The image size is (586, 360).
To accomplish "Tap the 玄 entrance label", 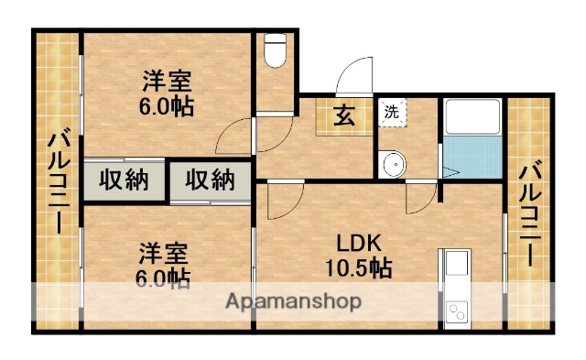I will pos(343,115).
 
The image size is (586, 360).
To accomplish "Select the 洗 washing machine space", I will pos(392,114).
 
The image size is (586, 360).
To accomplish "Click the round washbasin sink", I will pos(394,165).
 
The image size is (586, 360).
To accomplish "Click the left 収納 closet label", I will pos(125,180).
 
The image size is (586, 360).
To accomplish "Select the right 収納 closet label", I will pos(210,180).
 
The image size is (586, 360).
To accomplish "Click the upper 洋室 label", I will pos(167,79).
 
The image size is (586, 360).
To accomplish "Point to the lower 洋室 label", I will pos(165,250).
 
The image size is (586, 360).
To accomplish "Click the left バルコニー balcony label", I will pos(58,183).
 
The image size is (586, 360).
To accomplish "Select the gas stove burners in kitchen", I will pos(455,313).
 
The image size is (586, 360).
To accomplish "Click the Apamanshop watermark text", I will pos(293,300).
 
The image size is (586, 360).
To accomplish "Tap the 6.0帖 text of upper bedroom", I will pos(166,105).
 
